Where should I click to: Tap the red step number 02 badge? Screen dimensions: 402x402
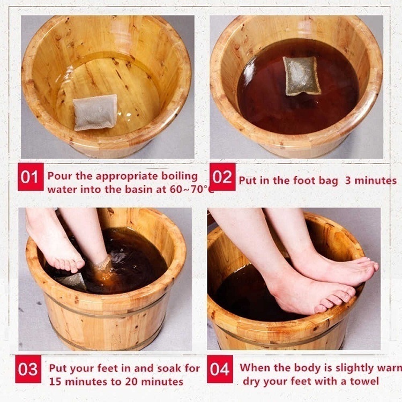[x=222, y=177]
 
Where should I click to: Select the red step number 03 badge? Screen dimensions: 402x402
[x=28, y=369]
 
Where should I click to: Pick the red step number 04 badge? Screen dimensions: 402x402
[x=220, y=369]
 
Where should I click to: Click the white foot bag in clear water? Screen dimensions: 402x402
[x=95, y=113]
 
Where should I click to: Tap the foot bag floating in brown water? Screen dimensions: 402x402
[x=302, y=75]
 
